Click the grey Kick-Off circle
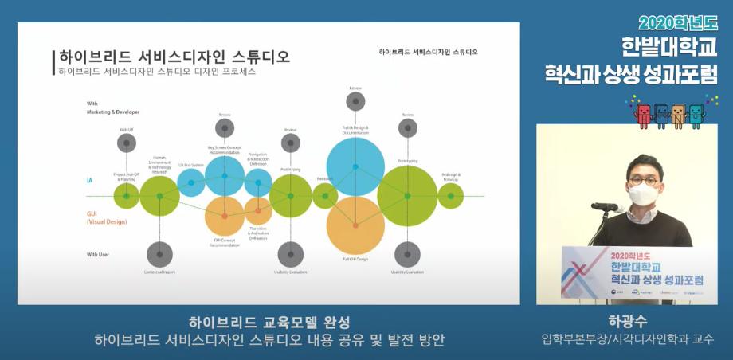click(x=127, y=143)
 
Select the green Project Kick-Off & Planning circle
click(x=127, y=195)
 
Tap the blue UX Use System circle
click(x=191, y=182)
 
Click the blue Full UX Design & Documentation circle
click(x=355, y=166)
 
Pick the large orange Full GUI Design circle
click(x=355, y=226)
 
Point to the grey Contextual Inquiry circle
click(x=159, y=255)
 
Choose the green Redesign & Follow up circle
click(x=451, y=196)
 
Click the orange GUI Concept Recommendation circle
click(x=225, y=216)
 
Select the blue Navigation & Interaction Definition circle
click(x=258, y=182)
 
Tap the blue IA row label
click(x=90, y=181)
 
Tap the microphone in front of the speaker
click(x=606, y=207)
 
